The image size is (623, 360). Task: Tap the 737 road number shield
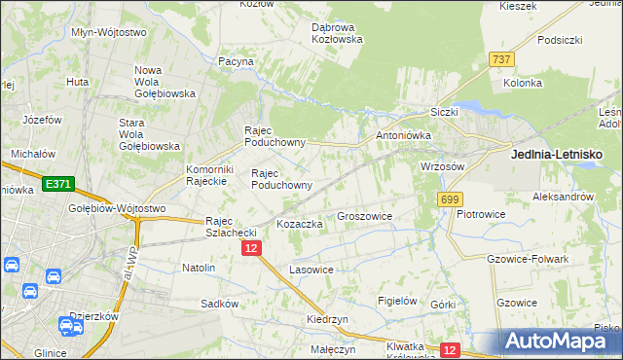(501, 59)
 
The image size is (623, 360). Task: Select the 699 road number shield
(449, 199)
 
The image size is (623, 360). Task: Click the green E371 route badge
(57, 183)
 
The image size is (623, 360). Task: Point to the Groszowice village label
(364, 216)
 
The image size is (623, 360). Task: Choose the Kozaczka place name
(300, 224)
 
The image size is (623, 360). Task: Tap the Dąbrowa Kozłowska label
(337, 33)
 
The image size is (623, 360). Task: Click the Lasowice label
(311, 269)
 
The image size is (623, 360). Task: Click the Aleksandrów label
(564, 196)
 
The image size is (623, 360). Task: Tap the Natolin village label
(199, 267)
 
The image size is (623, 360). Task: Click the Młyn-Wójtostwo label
(109, 32)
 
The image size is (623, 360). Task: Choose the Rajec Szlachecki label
(230, 227)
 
